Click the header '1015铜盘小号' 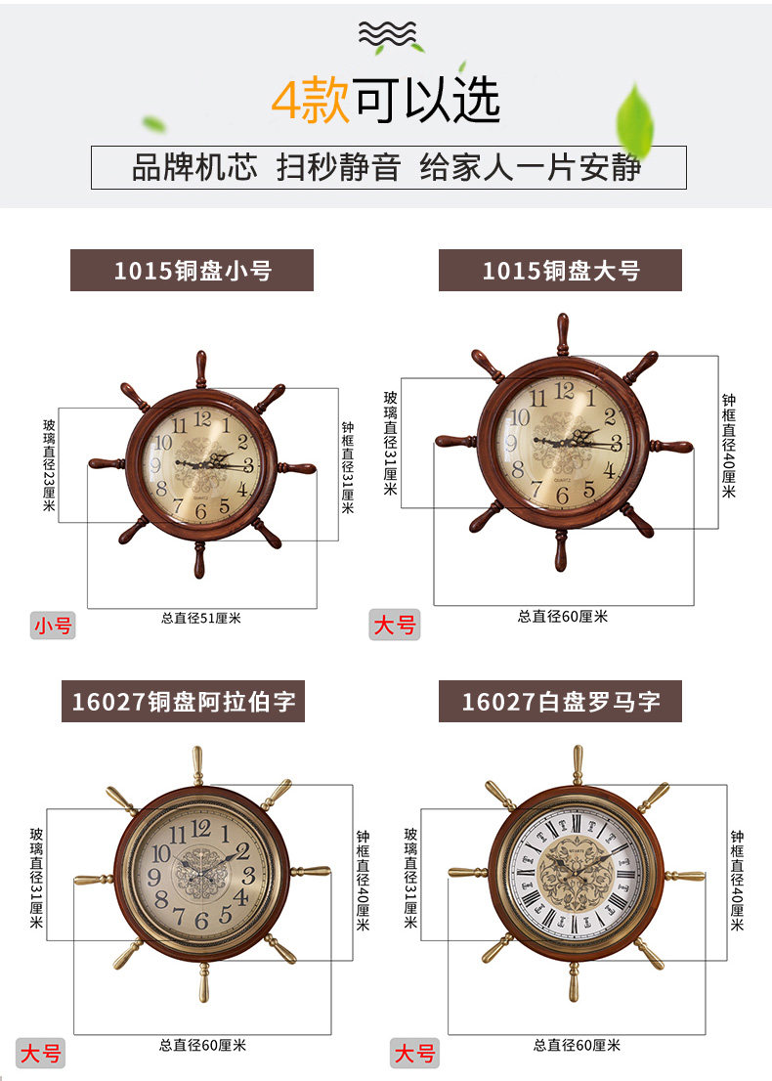[192, 270]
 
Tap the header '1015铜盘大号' [560, 270]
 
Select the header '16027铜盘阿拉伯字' [183, 701]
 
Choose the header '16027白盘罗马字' [560, 701]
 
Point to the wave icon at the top [386, 33]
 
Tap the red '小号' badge [53, 625]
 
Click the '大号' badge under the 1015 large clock [394, 625]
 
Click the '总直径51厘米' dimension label [201, 618]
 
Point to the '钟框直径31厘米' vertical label [348, 467]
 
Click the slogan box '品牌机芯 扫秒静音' [388, 167]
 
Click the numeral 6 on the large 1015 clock [562, 495]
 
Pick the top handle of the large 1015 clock [562, 333]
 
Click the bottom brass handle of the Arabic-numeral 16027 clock [203, 981]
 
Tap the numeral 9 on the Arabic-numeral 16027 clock [156, 876]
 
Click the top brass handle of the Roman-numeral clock [577, 764]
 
